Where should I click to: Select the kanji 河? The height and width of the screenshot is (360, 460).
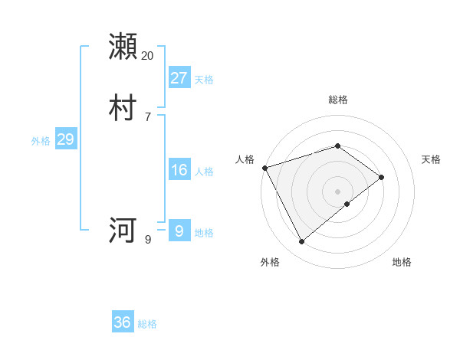123,230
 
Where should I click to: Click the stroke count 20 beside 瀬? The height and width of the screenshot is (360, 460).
147,56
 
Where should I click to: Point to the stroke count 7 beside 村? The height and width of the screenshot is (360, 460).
147,117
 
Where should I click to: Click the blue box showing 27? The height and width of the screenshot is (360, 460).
179,78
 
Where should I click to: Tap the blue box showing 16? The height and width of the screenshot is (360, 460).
179,170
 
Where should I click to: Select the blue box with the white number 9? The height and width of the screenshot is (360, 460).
179,231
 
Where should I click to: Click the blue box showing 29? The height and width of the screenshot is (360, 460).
65,139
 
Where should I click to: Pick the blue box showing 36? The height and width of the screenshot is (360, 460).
123,322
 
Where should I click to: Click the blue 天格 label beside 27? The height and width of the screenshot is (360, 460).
204,80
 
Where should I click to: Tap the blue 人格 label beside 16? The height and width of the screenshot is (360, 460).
204,172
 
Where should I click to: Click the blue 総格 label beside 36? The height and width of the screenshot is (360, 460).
147,324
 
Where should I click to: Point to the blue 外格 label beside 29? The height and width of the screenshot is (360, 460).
41,141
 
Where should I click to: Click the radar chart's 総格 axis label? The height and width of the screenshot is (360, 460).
338,100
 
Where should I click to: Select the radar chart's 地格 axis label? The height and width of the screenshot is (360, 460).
402,262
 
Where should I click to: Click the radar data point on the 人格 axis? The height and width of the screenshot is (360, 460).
264,168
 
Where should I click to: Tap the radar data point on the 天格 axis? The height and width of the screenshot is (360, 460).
381,177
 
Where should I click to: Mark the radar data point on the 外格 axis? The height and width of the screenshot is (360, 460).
302,242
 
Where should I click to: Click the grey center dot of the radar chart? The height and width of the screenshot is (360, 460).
338,191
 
